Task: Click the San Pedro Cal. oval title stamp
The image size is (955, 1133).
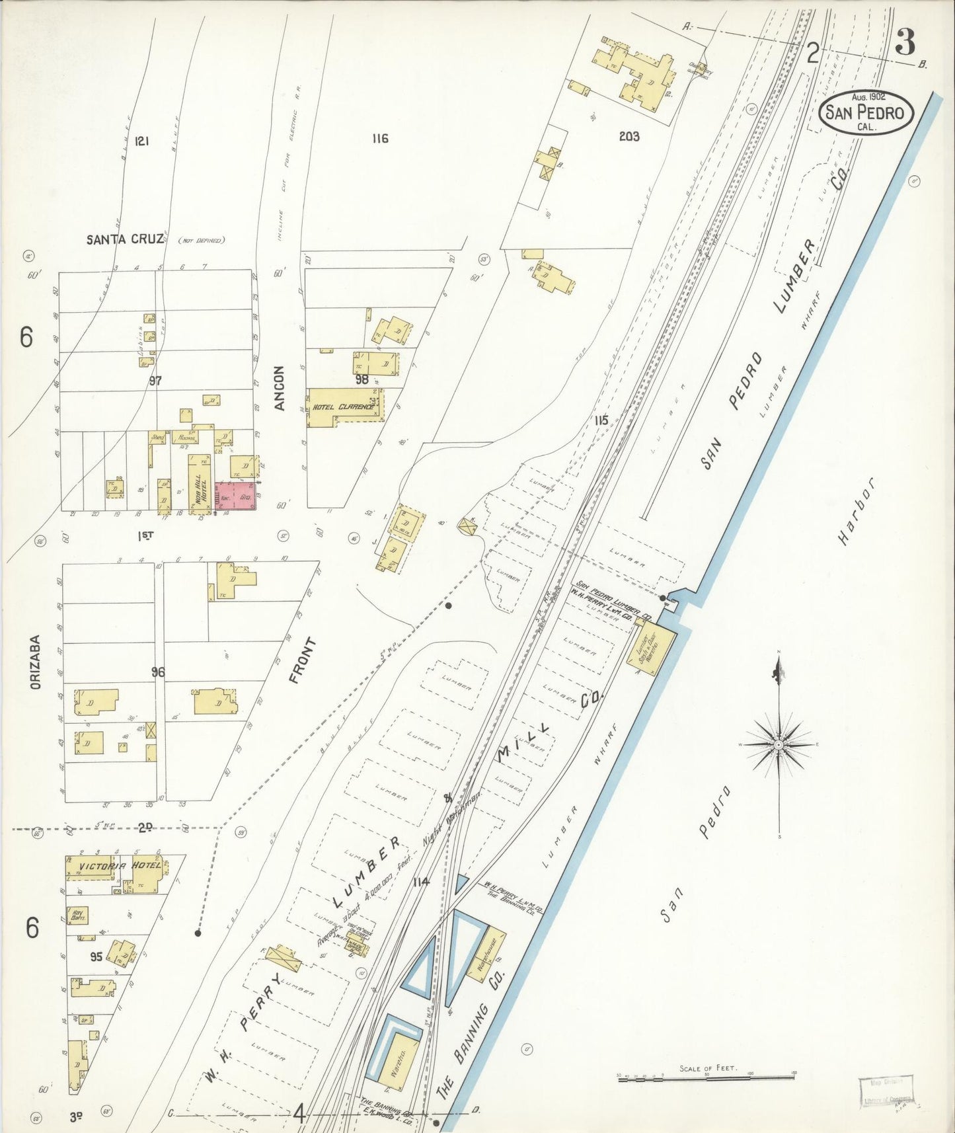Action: point(866,112)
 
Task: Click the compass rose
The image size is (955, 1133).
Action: point(780,745)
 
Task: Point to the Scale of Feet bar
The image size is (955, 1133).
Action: point(706,1076)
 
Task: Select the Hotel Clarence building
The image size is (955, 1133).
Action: point(344,405)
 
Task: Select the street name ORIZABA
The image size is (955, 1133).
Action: point(35,663)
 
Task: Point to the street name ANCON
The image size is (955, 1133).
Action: point(280,388)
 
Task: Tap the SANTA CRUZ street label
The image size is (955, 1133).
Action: point(124,239)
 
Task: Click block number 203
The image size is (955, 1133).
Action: point(629,137)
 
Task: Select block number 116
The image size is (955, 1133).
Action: point(379,138)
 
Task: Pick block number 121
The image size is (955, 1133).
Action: point(140,141)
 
